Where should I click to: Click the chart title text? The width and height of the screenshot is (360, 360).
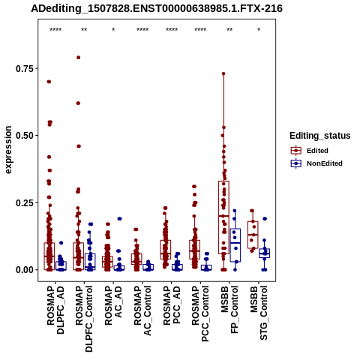[157, 8]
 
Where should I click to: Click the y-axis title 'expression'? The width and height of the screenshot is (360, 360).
[8, 150]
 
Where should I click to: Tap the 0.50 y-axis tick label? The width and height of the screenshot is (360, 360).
[25, 136]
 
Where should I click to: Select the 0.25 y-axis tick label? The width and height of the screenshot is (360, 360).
[25, 202]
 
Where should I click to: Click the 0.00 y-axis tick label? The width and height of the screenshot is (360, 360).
[25, 270]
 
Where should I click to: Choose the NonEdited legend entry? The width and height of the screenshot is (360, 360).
[316, 163]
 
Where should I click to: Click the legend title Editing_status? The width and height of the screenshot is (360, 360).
[320, 136]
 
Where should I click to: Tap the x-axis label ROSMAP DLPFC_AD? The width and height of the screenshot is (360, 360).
[55, 310]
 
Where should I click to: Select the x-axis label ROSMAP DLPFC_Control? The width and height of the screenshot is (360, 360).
[84, 319]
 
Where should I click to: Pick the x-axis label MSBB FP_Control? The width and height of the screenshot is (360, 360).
[229, 310]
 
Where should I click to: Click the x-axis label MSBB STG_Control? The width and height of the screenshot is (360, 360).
[259, 313]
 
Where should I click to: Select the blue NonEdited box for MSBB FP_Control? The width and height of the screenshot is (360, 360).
[235, 245]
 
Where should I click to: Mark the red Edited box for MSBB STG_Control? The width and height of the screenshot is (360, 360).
[253, 235]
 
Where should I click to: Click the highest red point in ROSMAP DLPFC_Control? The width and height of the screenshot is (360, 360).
[78, 58]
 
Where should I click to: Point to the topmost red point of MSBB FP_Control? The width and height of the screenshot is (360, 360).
[223, 73]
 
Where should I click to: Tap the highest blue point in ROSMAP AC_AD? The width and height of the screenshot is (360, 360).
[119, 219]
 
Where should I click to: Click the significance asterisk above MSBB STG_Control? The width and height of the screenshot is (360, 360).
[259, 30]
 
